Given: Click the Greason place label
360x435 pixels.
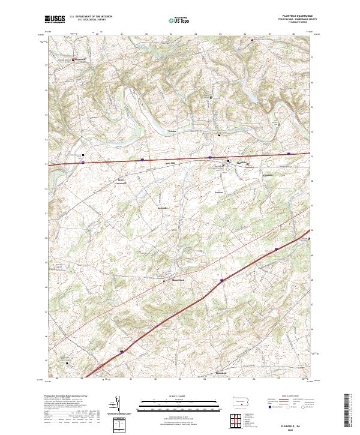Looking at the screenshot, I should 219,192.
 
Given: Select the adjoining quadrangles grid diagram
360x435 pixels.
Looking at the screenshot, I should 238,421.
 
